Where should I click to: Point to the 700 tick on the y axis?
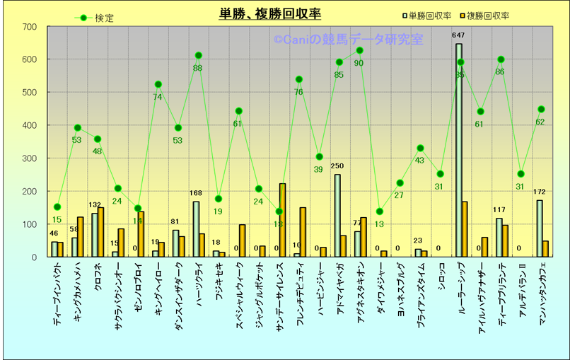pos(30,27)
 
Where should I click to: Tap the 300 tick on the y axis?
pos(30,158)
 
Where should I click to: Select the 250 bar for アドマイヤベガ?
pos(337,216)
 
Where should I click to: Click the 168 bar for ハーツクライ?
pos(195,229)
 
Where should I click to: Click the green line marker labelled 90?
pos(359,50)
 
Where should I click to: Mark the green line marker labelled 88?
pos(198,55)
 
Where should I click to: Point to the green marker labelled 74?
pos(158,84)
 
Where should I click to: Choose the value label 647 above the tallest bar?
pos(458,35)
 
